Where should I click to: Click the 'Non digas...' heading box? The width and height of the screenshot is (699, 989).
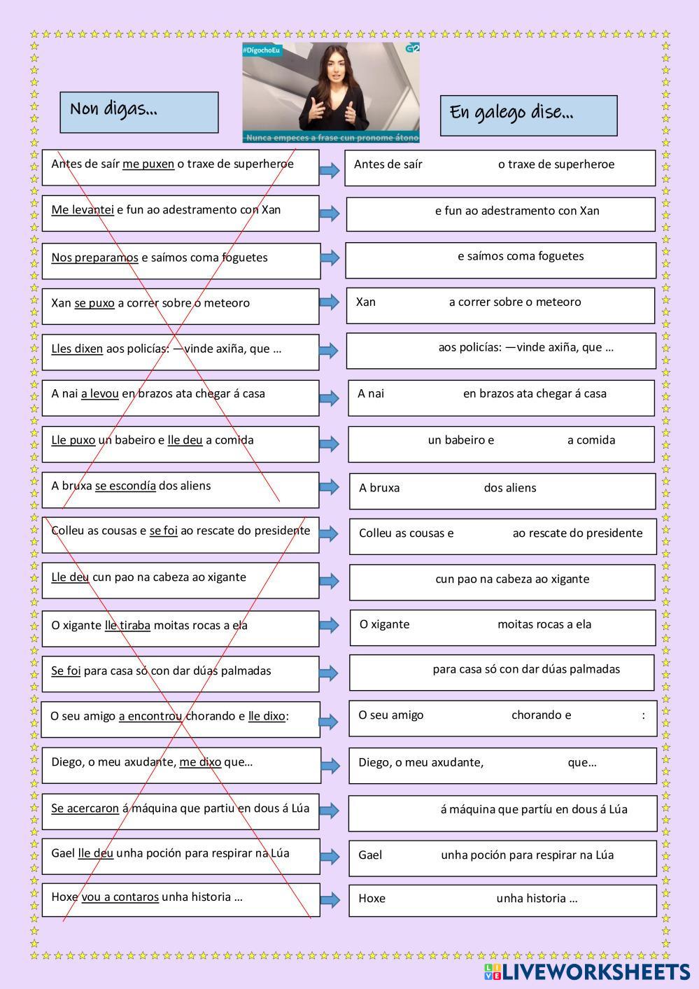139,112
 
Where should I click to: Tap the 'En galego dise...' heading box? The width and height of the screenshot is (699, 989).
528,115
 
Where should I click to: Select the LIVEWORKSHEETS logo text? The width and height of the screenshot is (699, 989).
595,972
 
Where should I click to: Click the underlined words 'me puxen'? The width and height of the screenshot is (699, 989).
148,164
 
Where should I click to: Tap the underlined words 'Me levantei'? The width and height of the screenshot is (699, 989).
83,210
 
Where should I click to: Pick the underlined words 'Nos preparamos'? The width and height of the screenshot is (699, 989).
94,258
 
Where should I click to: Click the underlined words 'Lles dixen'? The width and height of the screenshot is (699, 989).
77,349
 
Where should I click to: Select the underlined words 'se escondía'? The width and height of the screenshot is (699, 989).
125,486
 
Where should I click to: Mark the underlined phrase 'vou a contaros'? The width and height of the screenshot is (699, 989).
120,897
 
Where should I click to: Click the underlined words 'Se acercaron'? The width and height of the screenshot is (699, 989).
85,808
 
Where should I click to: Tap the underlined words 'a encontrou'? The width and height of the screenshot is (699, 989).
150,716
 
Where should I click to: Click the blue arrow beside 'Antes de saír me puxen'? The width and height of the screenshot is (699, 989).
330,170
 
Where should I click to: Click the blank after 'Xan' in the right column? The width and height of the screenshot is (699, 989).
411,302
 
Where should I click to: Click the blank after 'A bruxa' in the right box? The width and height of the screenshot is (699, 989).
441,488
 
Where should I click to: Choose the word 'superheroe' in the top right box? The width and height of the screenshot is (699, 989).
586,164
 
